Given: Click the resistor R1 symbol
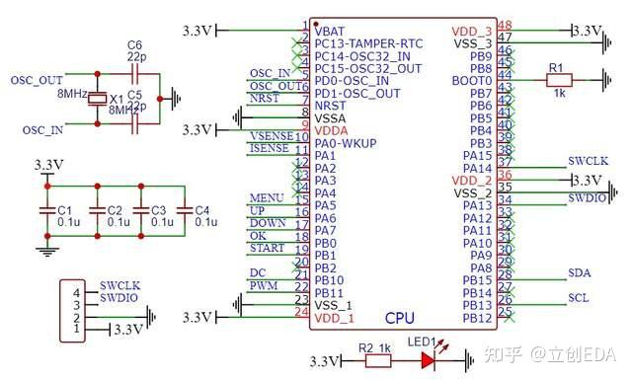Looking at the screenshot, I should click(x=560, y=82).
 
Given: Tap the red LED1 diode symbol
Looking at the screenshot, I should click(x=428, y=361).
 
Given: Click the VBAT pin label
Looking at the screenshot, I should click(x=330, y=32).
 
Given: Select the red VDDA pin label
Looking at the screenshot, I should click(x=332, y=130).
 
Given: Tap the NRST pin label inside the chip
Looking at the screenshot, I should click(x=332, y=105).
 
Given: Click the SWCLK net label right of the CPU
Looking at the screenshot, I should click(x=589, y=160).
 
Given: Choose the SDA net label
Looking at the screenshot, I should click(x=580, y=272).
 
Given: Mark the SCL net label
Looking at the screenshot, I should click(x=580, y=297).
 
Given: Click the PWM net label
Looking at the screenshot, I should click(x=263, y=285).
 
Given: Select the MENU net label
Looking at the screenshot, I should click(x=267, y=197).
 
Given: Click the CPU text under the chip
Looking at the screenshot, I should click(x=399, y=317).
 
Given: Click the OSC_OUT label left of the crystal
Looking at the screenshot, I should click(x=36, y=80).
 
